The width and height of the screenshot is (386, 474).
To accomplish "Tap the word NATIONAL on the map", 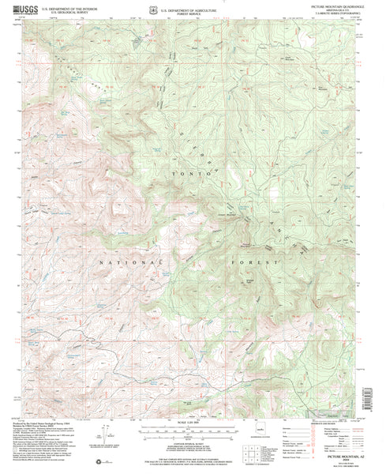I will coord(122,259).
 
